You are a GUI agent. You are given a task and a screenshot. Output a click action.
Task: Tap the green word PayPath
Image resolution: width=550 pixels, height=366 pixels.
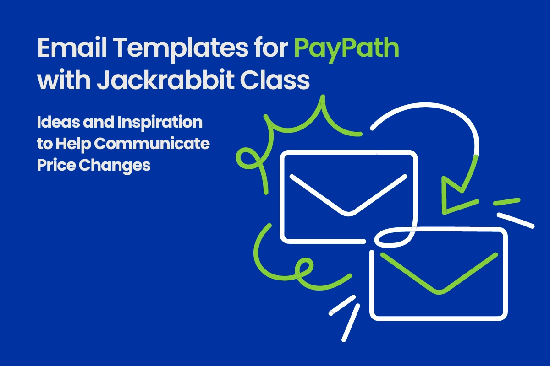(346, 49)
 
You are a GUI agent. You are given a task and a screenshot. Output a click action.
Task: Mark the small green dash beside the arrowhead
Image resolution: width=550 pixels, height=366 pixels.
(506, 201)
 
